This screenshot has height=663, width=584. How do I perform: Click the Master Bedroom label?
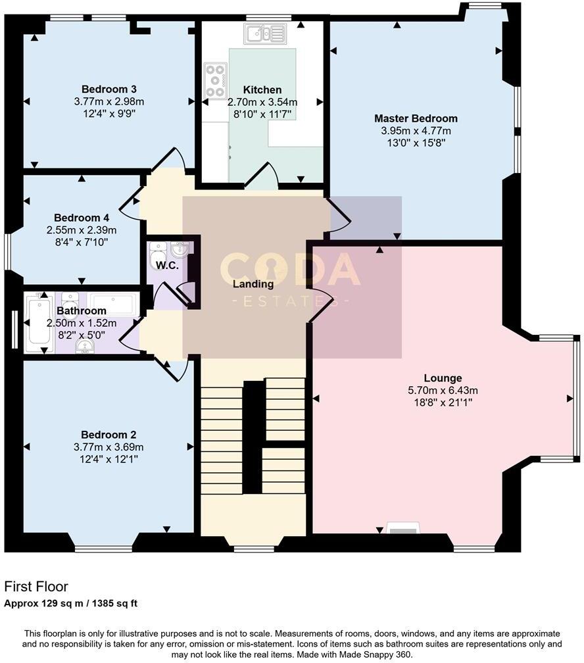point(416,118)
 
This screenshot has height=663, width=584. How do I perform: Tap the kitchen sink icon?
point(264,34)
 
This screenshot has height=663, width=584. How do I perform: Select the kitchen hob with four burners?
point(215,80)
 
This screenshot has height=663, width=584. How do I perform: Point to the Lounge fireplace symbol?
point(402,529)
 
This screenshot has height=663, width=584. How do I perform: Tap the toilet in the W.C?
point(158,251)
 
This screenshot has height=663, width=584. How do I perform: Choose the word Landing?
point(254,284)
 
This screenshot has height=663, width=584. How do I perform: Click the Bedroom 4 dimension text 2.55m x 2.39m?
point(81,230)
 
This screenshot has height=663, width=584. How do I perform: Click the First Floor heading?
point(36,586)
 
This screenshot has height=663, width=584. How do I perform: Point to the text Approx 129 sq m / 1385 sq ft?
point(71,603)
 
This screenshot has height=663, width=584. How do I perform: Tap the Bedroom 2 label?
point(109,435)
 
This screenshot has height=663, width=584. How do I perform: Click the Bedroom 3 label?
point(109,89)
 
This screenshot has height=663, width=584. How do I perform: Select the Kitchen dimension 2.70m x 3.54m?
point(262,102)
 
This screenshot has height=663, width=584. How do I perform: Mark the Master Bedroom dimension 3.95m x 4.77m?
point(416,130)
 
